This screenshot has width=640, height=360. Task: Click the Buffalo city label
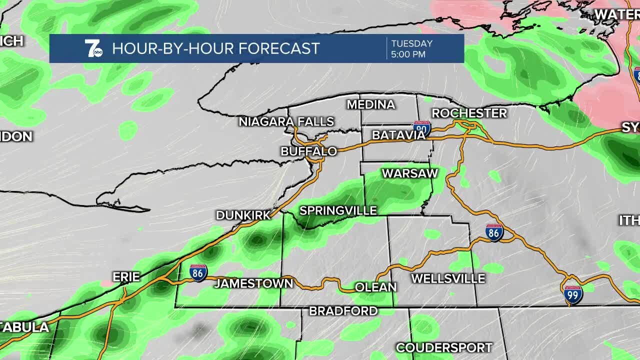pos(308,151)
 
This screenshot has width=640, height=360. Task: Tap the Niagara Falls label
pos(286,121)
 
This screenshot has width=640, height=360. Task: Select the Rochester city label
pos(469,113)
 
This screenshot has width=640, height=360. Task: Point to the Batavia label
pos(398,135)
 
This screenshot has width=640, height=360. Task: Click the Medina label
pos(370,104)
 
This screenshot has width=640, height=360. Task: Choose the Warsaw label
pos(409,173)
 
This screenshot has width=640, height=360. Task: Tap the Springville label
pos(338,211)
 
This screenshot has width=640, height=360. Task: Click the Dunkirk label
pos(243,215)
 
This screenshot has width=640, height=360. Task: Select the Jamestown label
pos(253,283)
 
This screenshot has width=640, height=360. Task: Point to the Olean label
pos(375,287)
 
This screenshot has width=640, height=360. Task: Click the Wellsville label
pos(448,278)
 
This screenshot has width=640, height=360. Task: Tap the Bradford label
pos(343,311)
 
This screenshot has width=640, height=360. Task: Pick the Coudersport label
pos(444,347)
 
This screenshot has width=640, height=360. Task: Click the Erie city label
pos(126,277)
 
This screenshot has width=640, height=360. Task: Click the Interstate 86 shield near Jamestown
pos(198,272)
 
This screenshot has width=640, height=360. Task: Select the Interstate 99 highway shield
pos(573,295)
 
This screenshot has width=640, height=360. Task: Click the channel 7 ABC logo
pos(93,48)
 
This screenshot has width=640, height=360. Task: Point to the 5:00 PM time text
pos(408,54)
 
